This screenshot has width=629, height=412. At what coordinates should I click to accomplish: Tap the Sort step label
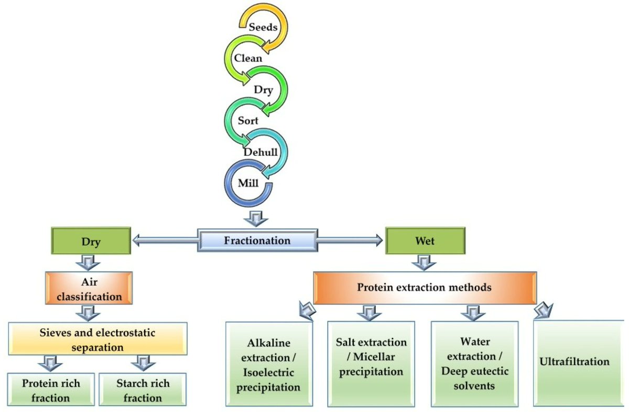(248, 121)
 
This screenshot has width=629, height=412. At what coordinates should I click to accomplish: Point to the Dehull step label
(260, 152)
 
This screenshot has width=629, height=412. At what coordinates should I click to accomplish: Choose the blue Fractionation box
(257, 241)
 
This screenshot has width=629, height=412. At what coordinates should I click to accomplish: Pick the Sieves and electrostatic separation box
(97, 340)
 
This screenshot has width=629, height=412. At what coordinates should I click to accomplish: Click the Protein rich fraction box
(51, 390)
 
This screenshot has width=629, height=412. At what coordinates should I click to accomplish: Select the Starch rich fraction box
(142, 390)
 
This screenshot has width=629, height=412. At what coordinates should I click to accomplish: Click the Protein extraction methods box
(425, 288)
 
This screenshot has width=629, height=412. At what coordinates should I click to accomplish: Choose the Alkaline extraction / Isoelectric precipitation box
(269, 364)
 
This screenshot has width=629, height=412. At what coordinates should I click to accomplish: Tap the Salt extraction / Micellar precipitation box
(371, 364)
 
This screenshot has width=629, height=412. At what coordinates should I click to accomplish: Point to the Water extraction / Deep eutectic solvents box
(474, 364)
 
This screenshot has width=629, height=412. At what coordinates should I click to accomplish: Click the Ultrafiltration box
(574, 362)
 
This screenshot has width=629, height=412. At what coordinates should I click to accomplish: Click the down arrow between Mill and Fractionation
(257, 217)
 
